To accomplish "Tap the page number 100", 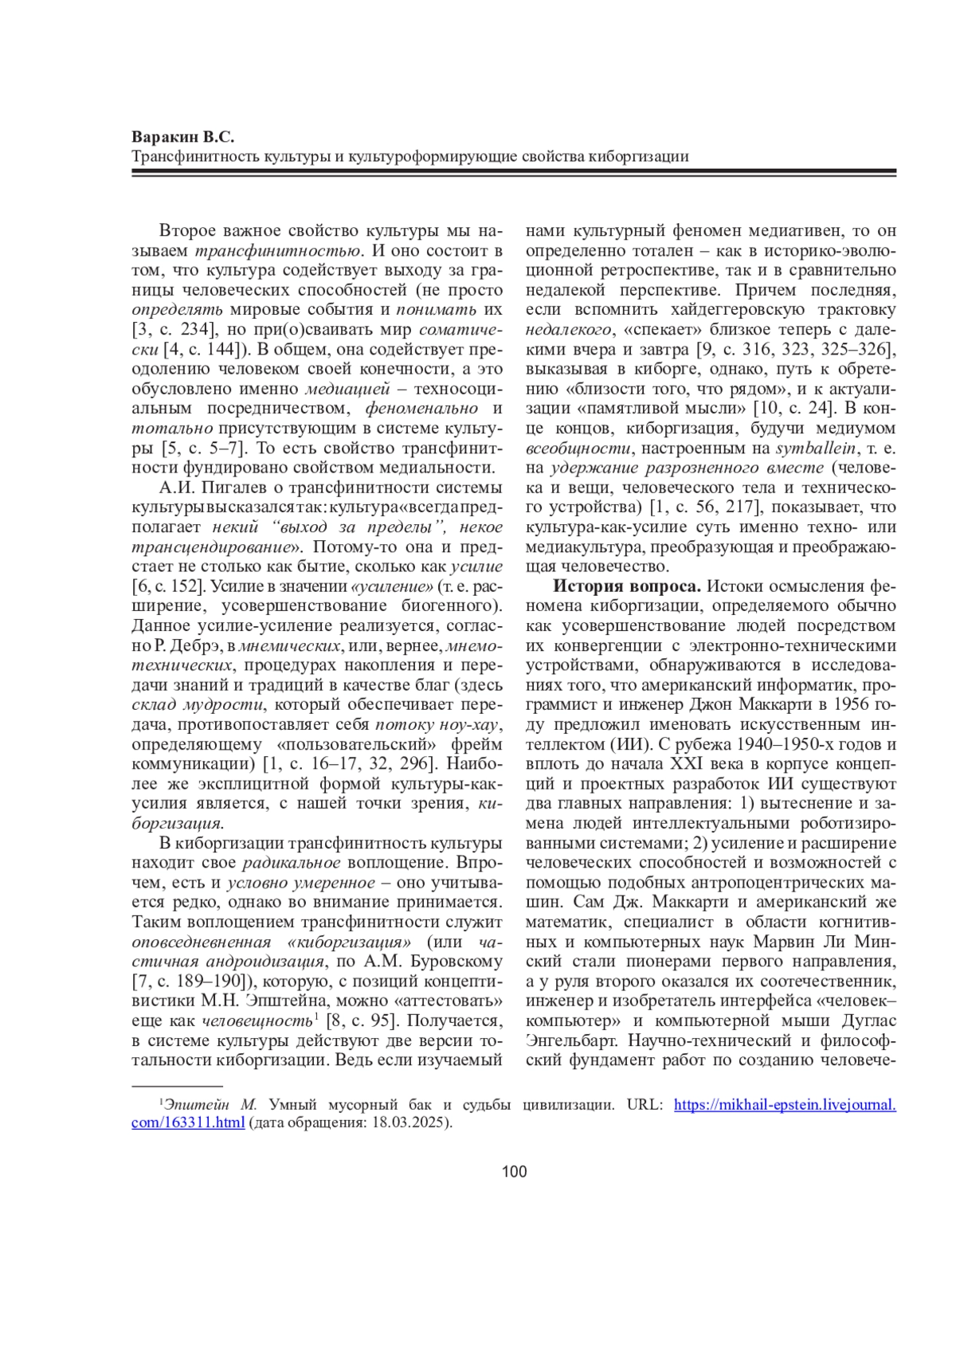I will tap(515, 1172).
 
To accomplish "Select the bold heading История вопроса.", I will tap(627, 586).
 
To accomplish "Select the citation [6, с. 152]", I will tap(169, 586).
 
